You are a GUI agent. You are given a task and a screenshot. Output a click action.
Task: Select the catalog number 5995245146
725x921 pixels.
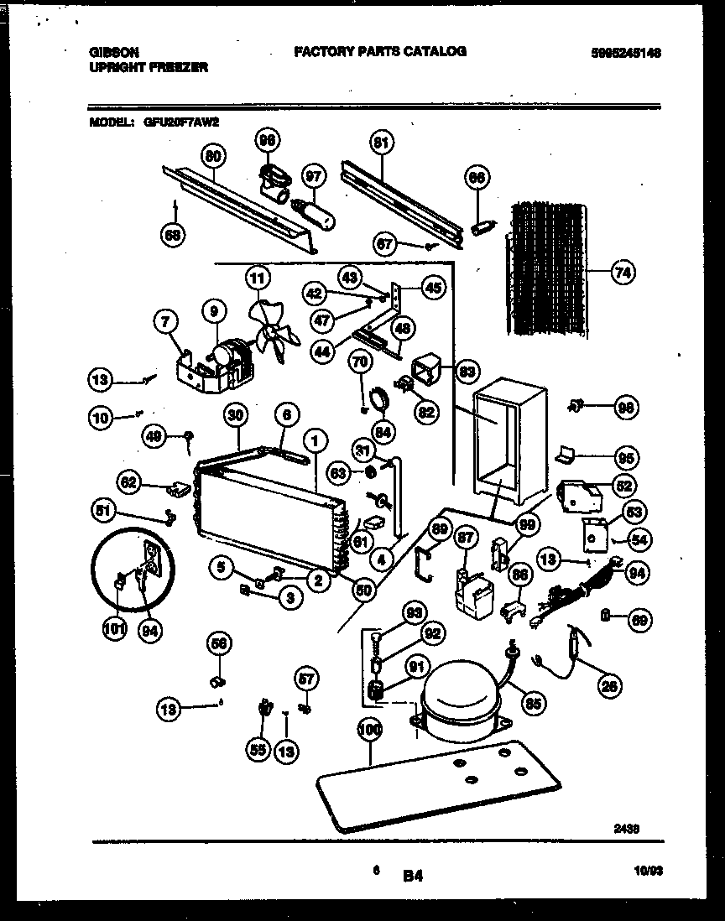point(626,52)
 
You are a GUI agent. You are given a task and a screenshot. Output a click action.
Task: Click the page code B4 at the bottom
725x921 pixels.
point(412,876)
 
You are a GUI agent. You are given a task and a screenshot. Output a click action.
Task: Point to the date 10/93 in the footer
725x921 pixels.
point(649,872)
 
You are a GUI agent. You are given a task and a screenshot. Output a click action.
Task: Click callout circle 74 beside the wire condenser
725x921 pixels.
point(622,273)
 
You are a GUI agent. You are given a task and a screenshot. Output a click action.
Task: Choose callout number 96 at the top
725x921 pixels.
point(267,141)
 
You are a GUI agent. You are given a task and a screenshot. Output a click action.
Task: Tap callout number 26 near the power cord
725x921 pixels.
point(610,685)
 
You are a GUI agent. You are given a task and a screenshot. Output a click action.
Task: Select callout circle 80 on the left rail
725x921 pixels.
point(213,155)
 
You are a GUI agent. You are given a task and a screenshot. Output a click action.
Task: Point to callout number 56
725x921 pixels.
point(219,644)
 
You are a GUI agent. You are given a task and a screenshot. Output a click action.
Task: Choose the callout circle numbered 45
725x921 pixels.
point(433,288)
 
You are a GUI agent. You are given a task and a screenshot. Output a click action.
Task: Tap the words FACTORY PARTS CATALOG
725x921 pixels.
point(379,52)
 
